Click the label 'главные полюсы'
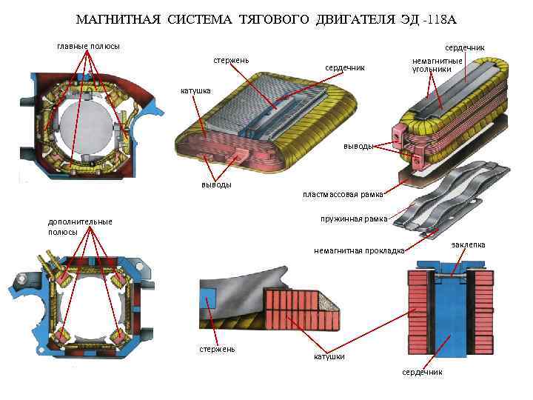coord(88,46)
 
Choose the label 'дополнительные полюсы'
coord(80,226)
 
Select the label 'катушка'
coord(196,91)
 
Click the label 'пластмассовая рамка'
coord(342,195)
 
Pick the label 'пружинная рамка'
coord(354,219)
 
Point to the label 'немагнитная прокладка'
coord(359,250)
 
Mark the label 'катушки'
coord(329,357)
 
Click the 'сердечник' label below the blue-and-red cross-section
coord(422,372)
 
